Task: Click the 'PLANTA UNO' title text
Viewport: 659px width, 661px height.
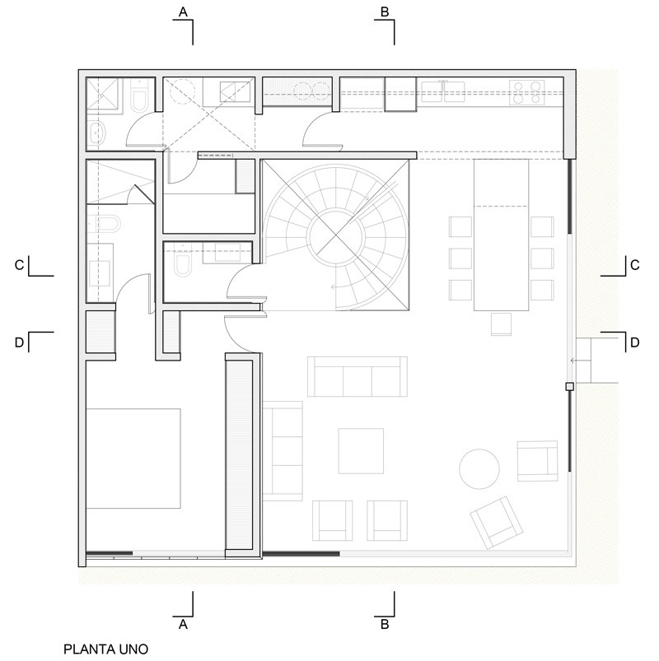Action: coord(106,649)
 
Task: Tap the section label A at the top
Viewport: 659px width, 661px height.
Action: coord(183,12)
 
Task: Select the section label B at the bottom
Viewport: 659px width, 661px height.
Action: coord(385,624)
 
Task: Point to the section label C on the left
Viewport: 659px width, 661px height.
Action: coord(19,265)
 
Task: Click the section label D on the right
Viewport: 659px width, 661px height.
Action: coord(635,342)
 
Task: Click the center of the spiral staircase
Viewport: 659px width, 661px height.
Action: coord(336,235)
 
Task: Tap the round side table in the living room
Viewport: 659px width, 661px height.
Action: coord(479,468)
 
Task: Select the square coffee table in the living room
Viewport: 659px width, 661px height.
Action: coord(361,451)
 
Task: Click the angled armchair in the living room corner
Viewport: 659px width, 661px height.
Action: coord(497,523)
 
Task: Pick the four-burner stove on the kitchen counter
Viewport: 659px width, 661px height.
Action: coord(527,93)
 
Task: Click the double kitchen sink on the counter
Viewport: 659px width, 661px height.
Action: coord(443,91)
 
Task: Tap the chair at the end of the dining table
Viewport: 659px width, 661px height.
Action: coord(501,324)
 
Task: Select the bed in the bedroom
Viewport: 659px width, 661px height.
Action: coord(133,459)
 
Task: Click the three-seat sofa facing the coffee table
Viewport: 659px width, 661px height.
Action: coord(358,376)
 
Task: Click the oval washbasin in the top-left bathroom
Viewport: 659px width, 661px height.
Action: coord(96,134)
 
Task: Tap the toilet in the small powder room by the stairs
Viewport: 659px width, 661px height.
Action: coord(182,263)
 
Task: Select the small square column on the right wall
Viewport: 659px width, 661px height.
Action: coord(569,386)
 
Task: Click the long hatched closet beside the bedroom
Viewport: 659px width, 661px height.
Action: coord(239,455)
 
